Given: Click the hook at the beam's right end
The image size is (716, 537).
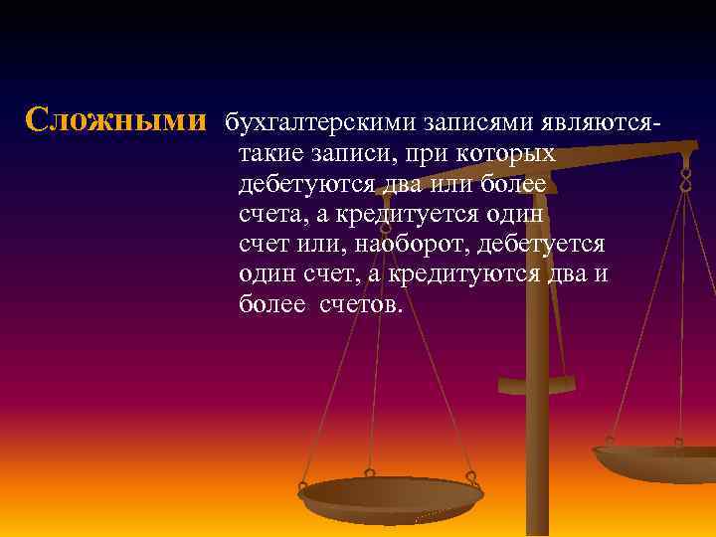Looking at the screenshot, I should tap(686, 180).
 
